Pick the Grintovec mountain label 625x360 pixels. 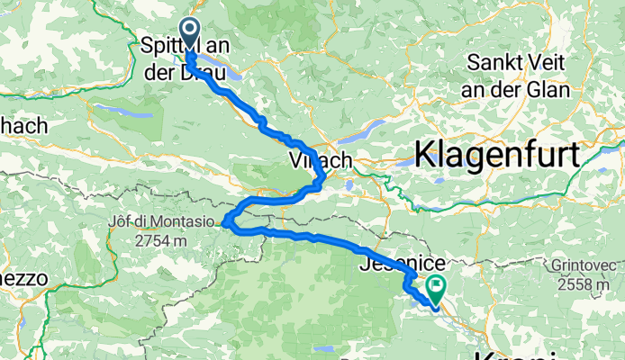click(x=584, y=266)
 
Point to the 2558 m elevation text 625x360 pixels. click(x=584, y=284)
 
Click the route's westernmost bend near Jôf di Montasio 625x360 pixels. click(x=227, y=219)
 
